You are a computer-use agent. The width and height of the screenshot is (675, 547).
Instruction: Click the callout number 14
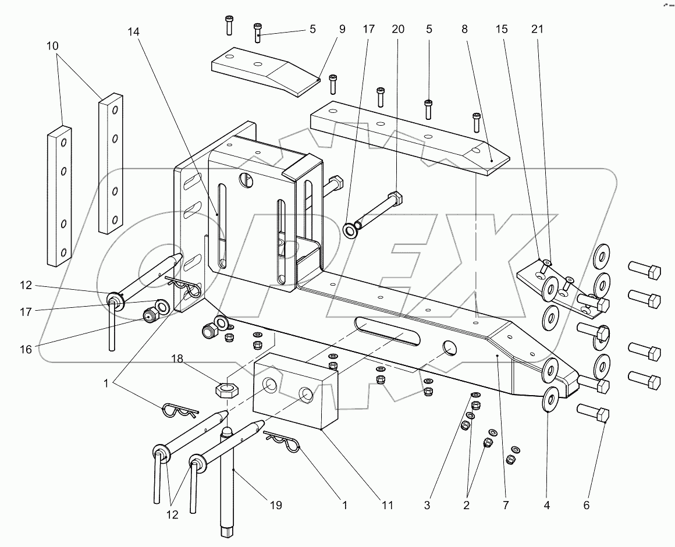pos(135,33)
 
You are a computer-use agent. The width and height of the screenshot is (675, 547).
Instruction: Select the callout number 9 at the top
pos(342,29)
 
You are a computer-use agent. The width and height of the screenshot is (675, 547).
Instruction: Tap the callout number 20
pos(398,29)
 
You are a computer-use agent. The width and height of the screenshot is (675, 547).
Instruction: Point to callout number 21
pos(537,29)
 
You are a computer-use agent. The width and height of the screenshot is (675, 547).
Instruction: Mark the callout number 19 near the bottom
pos(275,505)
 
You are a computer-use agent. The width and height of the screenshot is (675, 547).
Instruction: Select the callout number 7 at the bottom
pos(505,505)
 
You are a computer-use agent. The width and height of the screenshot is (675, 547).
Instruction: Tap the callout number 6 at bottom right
pos(586,505)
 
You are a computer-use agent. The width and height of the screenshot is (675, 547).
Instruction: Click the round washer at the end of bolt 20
pos(351,230)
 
